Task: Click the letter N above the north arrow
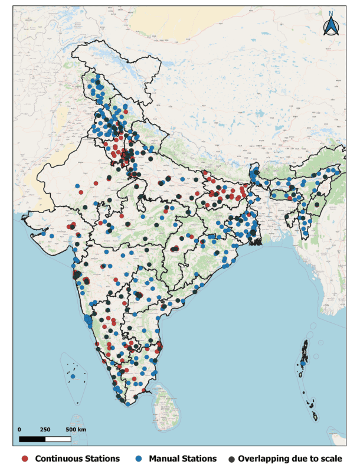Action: pos(331,14)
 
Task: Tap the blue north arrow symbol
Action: pos(331,27)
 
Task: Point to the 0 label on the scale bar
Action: pos(19,429)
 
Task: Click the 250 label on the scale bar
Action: pos(45,429)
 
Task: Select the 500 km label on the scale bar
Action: pos(76,429)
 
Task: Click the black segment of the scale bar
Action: pos(32,438)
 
